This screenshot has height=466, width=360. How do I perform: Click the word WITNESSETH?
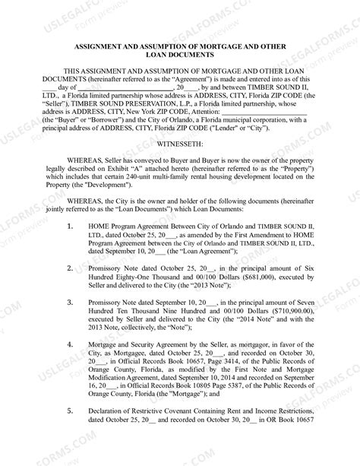(179, 143)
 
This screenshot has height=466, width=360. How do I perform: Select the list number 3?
(71, 302)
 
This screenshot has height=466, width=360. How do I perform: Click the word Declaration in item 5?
(112, 411)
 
